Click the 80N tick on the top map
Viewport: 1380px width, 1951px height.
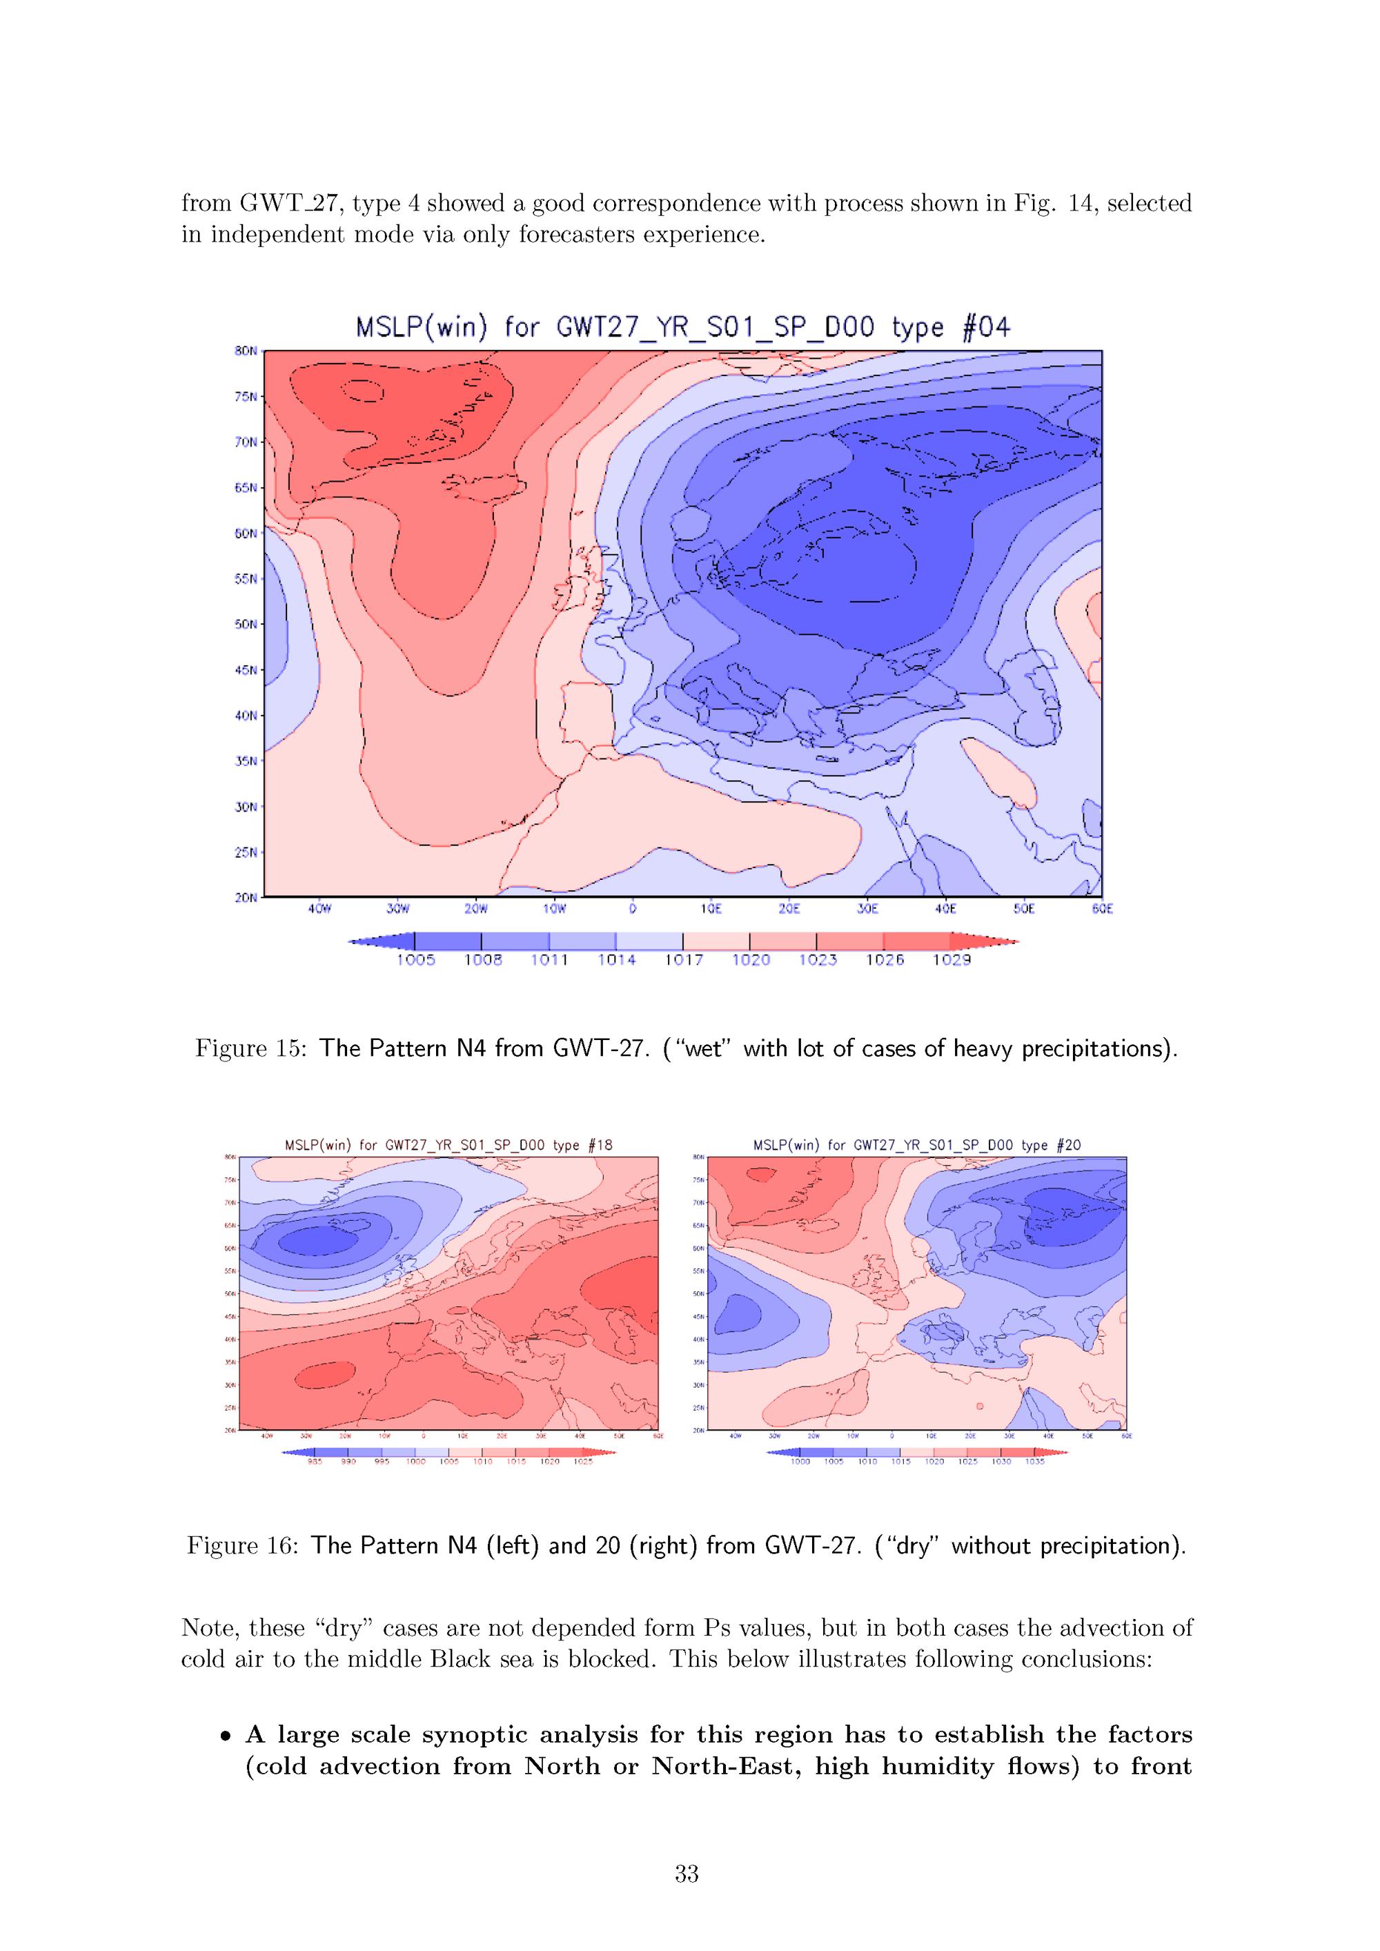pyautogui.click(x=246, y=351)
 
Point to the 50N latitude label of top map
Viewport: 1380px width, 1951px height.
pyautogui.click(x=246, y=625)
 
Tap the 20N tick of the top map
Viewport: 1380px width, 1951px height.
pyautogui.click(x=246, y=897)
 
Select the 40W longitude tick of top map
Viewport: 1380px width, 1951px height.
pyautogui.click(x=319, y=909)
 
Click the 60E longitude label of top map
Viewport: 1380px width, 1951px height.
pyautogui.click(x=1102, y=909)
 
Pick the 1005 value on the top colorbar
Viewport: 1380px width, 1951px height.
pyautogui.click(x=415, y=960)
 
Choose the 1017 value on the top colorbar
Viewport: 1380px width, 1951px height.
pyautogui.click(x=683, y=960)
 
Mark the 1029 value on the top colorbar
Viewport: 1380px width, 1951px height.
pyautogui.click(x=951, y=960)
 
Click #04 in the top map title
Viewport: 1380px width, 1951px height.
pyautogui.click(x=986, y=328)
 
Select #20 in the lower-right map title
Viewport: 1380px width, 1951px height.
pyautogui.click(x=1068, y=1146)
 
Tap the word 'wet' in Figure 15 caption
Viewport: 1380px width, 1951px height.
pyautogui.click(x=704, y=1048)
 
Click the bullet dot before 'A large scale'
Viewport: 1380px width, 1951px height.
pyautogui.click(x=226, y=1735)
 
